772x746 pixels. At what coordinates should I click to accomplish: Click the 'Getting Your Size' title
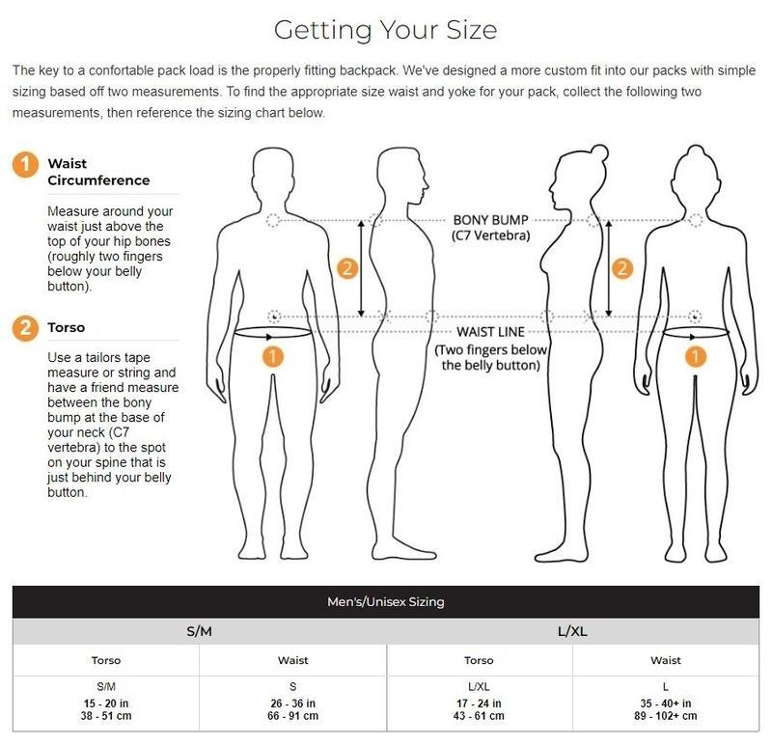coord(385,30)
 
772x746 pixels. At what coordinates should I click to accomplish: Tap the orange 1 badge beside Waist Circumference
coord(25,164)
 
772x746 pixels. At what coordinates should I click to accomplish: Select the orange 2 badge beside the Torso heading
coord(25,328)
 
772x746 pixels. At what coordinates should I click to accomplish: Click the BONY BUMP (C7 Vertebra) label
coord(490,228)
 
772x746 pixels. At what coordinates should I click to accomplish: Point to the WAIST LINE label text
coord(490,332)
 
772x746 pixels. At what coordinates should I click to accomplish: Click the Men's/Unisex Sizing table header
coord(385,602)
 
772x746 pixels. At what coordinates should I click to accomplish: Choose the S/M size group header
coord(200,631)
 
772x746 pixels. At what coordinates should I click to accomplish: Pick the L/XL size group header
coord(572,631)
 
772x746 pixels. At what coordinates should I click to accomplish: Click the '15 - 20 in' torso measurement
coord(106,704)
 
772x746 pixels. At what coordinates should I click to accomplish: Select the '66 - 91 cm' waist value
coord(293,716)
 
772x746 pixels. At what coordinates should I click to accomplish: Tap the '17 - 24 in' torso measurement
coord(479,704)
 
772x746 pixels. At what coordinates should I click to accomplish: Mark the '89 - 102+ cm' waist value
coord(666,716)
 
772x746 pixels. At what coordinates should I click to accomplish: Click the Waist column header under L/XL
coord(666,660)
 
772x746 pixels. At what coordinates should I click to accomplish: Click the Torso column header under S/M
coord(106,660)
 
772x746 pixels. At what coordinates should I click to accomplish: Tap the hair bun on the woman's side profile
coord(599,152)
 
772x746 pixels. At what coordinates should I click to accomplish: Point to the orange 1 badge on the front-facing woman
coord(695,356)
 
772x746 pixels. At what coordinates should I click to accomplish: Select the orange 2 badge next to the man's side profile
coord(347,269)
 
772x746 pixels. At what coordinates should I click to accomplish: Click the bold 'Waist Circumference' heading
coord(98,172)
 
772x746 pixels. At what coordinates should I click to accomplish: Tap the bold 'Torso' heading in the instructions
coord(66,327)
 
